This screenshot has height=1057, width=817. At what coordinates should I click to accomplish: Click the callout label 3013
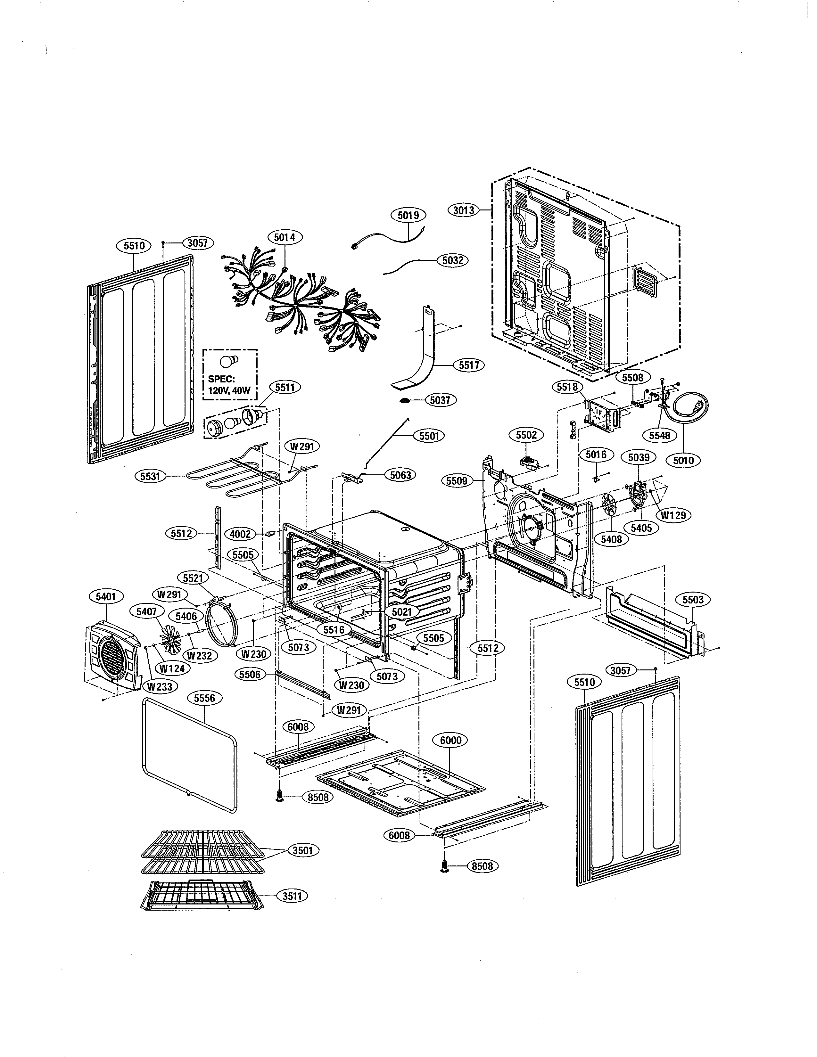pyautogui.click(x=464, y=210)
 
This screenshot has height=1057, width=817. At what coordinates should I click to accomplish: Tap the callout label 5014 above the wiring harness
pyautogui.click(x=284, y=237)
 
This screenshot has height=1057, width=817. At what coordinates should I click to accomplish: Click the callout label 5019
pyautogui.click(x=408, y=215)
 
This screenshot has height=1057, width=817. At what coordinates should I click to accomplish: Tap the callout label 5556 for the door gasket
pyautogui.click(x=204, y=698)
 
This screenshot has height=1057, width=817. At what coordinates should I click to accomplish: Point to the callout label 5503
pyautogui.click(x=693, y=600)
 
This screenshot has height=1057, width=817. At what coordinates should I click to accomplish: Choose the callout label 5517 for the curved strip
pyautogui.click(x=468, y=365)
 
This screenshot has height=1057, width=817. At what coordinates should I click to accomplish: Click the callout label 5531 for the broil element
pyautogui.click(x=150, y=476)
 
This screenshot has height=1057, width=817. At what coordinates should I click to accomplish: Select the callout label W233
pyautogui.click(x=160, y=687)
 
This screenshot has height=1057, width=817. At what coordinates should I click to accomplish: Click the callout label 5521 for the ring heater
pyautogui.click(x=193, y=578)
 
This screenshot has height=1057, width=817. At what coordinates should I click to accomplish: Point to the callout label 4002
pyautogui.click(x=240, y=534)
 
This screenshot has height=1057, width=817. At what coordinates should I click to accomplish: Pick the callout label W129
pyautogui.click(x=673, y=515)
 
